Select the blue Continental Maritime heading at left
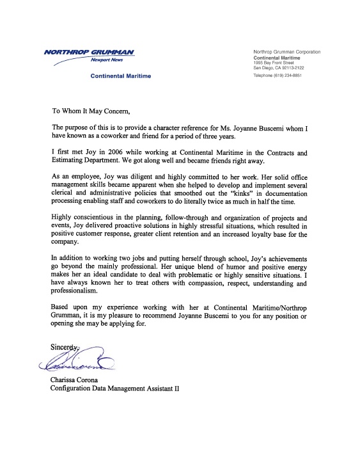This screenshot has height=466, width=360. tap(120, 76)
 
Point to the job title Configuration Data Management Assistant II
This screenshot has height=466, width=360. tap(115, 389)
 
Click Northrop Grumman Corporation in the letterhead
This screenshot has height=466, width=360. tap(287, 51)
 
